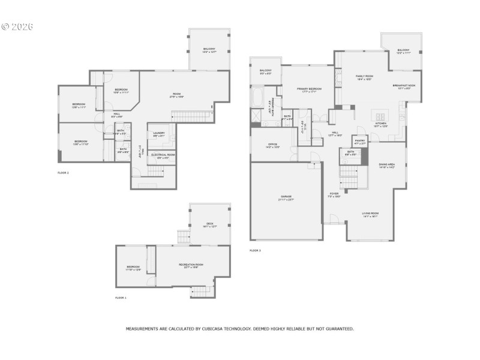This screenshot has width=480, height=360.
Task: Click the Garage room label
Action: (286, 197)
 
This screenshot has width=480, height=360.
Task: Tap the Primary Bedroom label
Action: (309, 89)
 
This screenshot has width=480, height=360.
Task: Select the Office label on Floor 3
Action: (272, 145)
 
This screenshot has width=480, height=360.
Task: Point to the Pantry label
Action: (360, 141)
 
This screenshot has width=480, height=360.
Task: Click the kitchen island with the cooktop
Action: (380, 116)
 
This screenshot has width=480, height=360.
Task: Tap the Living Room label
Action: (370, 214)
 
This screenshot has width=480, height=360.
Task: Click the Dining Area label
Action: (386, 164)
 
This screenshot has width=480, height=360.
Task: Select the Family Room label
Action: (364, 77)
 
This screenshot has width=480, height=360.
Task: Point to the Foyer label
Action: (334, 194)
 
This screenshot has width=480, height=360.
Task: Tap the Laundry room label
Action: (159, 133)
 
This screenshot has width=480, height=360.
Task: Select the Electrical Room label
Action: (162, 155)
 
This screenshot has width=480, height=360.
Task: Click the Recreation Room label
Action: (191, 265)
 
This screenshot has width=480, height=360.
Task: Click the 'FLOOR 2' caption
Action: (63, 172)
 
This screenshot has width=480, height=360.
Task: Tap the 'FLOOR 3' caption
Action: (255, 250)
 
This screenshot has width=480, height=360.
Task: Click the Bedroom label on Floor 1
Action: (133, 267)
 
